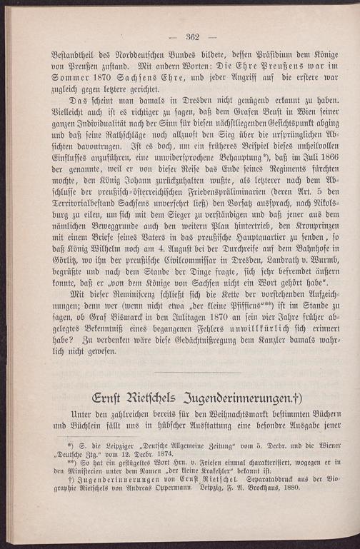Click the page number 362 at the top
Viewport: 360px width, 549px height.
click(191, 36)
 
